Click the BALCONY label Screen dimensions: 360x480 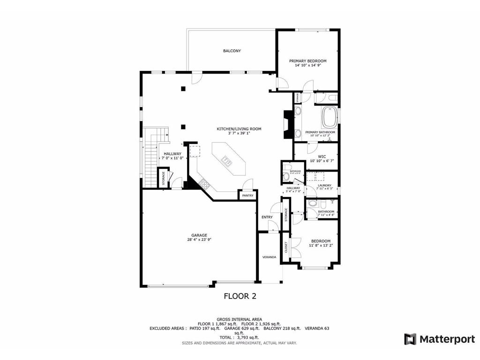[232, 51]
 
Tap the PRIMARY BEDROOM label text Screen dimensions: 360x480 [307, 61]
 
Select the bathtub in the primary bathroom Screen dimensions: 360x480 [330, 118]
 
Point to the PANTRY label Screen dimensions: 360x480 [247, 195]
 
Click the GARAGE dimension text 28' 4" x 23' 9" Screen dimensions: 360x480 [199, 240]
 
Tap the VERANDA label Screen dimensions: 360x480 [269, 257]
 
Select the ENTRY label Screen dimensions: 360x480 [267, 217]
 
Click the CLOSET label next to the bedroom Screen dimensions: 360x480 [286, 248]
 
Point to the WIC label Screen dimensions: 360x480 [322, 157]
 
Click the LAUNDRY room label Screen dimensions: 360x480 [324, 185]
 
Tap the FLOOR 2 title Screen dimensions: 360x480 [240, 296]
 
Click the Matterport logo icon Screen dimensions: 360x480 [410, 339]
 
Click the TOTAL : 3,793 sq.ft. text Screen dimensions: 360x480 [240, 337]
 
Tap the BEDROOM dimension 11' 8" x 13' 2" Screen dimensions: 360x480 [321, 245]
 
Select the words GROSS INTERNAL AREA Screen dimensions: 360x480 [240, 319]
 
